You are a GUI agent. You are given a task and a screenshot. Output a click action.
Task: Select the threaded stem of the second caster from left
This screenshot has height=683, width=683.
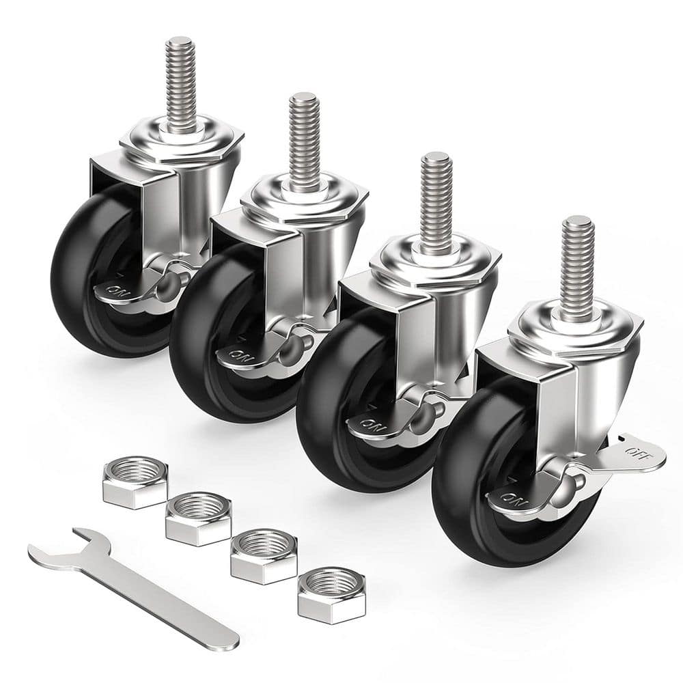tap(303, 137)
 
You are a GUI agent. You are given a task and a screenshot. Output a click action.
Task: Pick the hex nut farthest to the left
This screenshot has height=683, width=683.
tap(135, 484)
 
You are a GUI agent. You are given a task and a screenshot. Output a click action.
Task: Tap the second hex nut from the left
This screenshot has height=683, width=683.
tap(197, 520)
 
